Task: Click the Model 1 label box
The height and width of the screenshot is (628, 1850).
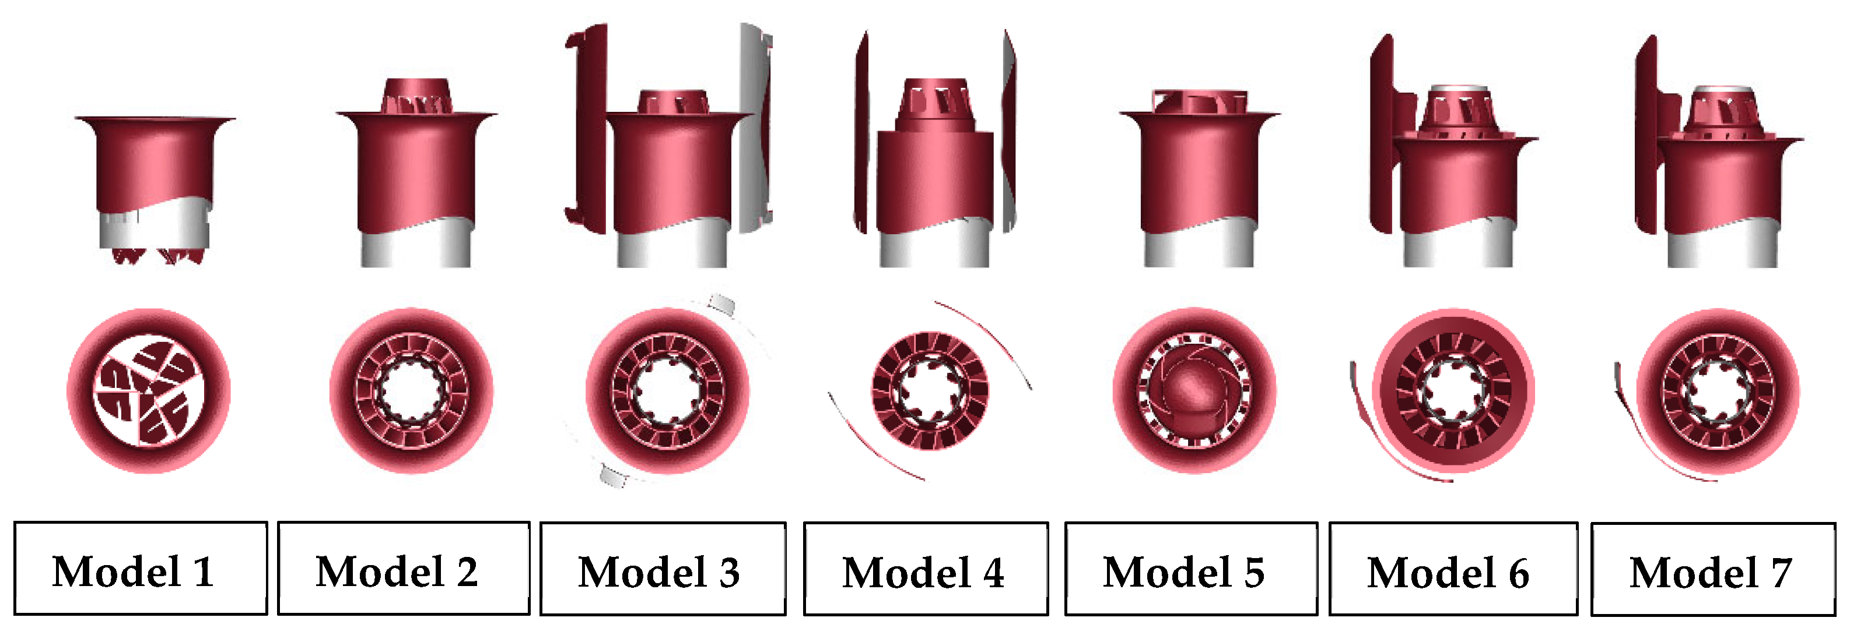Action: click(x=141, y=568)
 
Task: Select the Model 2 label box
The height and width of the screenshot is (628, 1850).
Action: click(x=404, y=568)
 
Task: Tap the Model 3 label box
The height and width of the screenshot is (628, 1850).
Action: click(x=663, y=569)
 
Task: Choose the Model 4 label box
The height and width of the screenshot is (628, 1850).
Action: click(x=926, y=569)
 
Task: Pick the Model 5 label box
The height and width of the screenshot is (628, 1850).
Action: click(x=1191, y=569)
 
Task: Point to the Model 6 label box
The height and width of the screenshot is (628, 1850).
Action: click(x=1453, y=569)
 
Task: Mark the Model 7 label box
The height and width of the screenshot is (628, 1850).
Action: click(x=1713, y=569)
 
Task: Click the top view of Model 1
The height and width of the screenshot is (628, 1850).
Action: click(x=149, y=391)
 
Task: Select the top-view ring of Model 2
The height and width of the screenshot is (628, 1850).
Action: click(x=412, y=391)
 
